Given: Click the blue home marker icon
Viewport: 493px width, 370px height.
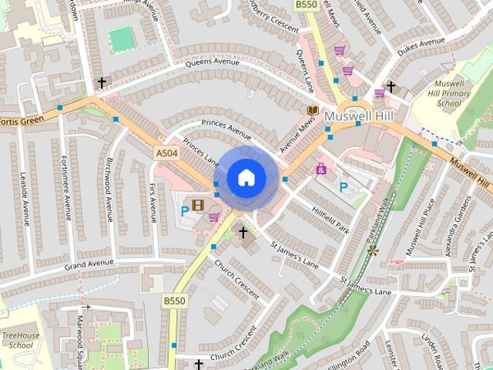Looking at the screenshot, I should pyautogui.click(x=246, y=178).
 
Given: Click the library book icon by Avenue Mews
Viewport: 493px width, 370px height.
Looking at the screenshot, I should pyautogui.click(x=313, y=112).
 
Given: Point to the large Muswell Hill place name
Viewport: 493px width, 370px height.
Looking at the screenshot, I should pyautogui.click(x=359, y=116).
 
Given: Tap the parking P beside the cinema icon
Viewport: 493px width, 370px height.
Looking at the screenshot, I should pyautogui.click(x=185, y=210).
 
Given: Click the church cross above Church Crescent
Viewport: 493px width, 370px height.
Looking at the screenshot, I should pyautogui.click(x=243, y=232).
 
